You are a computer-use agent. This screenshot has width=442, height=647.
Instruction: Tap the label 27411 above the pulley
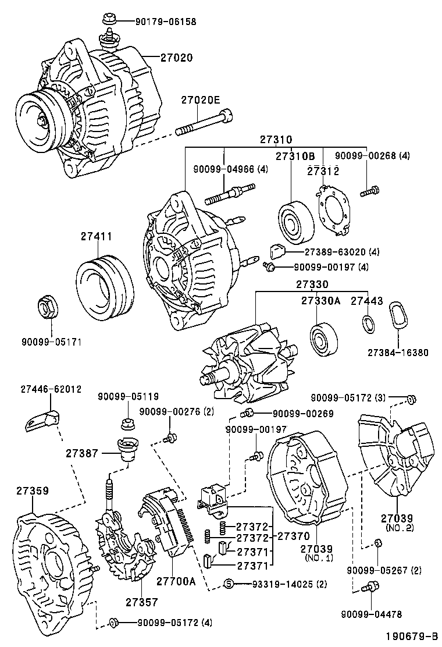(x=96, y=236)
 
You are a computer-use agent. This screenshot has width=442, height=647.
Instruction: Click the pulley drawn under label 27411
(x=106, y=286)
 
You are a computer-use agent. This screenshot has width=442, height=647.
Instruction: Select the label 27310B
(x=295, y=157)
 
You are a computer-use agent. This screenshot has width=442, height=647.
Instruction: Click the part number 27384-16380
(x=397, y=353)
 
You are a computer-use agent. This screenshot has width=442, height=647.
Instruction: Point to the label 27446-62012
(x=51, y=389)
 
